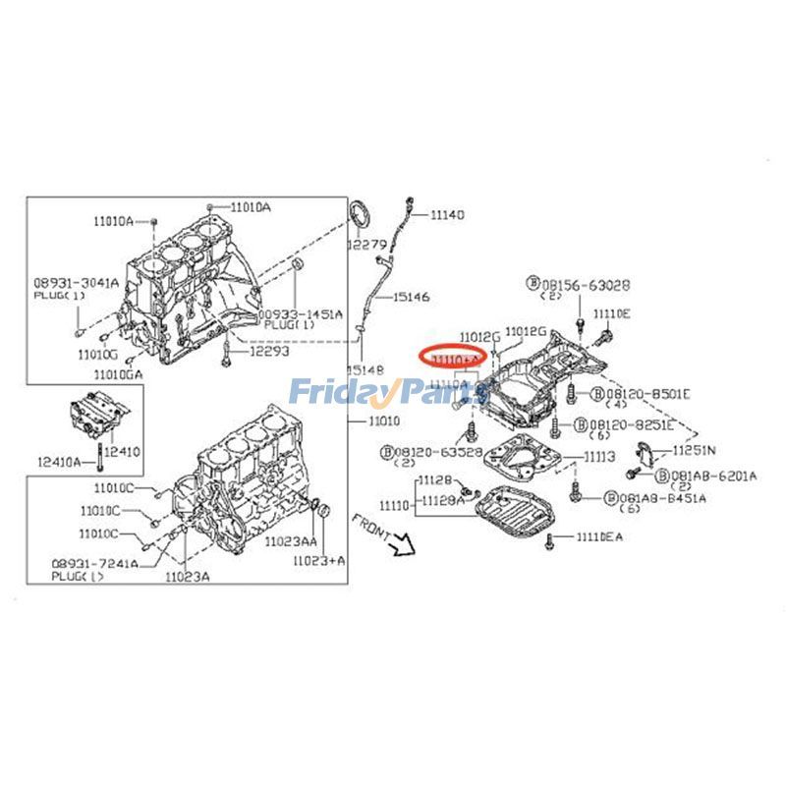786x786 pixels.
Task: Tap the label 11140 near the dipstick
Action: [447, 214]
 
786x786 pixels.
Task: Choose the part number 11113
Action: [599, 457]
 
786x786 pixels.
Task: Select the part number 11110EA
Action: [599, 536]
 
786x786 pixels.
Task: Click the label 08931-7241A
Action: [95, 564]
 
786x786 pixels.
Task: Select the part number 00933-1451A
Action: [302, 314]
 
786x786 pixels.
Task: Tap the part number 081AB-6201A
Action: [700, 476]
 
